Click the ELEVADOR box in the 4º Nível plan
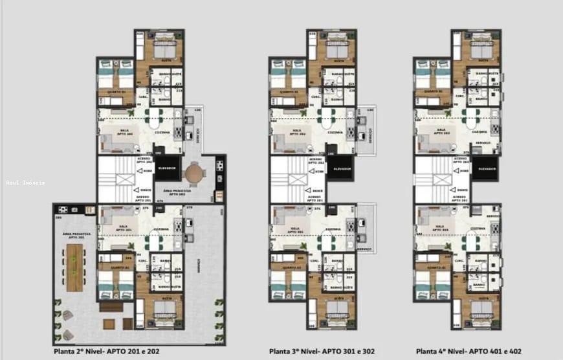tap(487, 168)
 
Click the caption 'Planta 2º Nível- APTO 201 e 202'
tap(107, 352)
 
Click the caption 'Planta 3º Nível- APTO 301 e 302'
tap(313, 352)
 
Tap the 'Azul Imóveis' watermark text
tap(26, 183)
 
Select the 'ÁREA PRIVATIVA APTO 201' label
tap(72, 236)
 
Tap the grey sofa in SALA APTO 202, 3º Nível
tap(284, 144)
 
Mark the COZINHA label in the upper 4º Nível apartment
tap(479, 132)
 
